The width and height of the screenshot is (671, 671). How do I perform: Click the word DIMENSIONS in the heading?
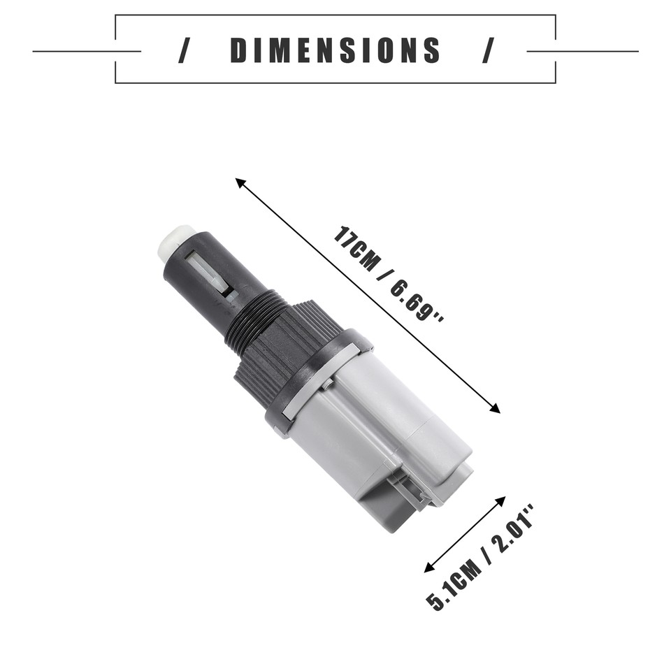point(335,51)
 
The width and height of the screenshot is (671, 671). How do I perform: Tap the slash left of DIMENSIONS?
point(184,51)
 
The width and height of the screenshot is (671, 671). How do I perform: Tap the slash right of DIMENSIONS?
point(487,51)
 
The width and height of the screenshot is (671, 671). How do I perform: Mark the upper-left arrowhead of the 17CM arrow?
point(240,182)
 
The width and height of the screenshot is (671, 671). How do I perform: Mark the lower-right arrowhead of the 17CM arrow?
point(496,409)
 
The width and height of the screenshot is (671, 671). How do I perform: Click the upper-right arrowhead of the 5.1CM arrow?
point(501,500)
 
